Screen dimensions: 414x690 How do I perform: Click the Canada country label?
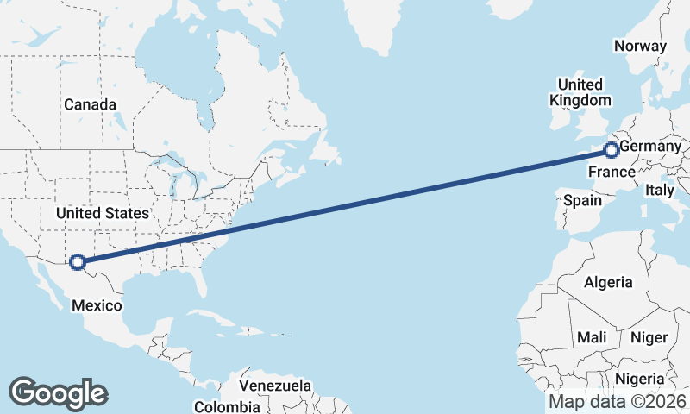tap(90, 104)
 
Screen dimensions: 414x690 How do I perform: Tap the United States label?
tap(102, 212)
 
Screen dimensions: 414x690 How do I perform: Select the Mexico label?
tap(96, 305)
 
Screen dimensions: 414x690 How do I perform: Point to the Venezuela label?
tap(275, 385)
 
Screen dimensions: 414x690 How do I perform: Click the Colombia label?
tap(226, 406)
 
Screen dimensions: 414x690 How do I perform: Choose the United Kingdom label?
tap(580, 92)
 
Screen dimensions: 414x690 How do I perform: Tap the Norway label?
tap(640, 47)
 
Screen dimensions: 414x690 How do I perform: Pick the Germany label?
tap(651, 147)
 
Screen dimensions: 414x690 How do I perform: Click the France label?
tap(612, 172)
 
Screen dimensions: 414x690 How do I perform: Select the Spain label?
tap(582, 200)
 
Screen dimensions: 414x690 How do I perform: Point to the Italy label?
tap(660, 190)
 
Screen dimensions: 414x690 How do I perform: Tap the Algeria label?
tap(608, 282)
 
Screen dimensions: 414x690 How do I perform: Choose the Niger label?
tap(649, 337)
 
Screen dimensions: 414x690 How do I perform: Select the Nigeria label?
tap(639, 379)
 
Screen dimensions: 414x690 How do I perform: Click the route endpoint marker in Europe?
tap(612, 151)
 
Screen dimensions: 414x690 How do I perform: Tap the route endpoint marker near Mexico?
tap(78, 261)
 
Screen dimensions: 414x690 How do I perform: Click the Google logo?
tap(58, 393)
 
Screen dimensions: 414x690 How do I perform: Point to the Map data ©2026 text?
tap(618, 402)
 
